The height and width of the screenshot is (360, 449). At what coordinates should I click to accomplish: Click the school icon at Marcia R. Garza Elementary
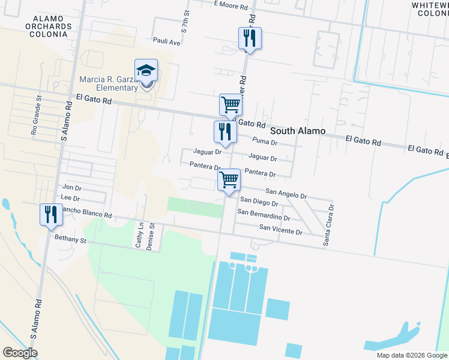coord(146,71)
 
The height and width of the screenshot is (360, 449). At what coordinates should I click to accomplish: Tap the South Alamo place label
coord(298,131)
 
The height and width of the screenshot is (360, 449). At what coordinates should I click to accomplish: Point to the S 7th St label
coord(185,21)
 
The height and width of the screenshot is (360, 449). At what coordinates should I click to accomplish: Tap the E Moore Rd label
coord(231,5)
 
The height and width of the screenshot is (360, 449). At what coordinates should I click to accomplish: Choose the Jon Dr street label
coord(71,188)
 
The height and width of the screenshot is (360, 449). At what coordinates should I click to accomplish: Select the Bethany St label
coord(71,239)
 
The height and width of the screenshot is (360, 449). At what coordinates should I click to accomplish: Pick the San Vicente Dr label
coord(280,228)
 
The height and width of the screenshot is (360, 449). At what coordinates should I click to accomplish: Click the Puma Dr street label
coord(265,142)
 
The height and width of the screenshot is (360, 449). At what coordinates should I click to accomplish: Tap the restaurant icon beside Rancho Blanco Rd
coord(50,215)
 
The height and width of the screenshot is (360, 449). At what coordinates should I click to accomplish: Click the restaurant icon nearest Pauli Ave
coord(248,39)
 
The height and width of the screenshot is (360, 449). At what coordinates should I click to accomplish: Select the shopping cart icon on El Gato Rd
coord(230,105)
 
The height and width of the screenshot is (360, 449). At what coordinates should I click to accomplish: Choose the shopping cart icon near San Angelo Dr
coord(229,180)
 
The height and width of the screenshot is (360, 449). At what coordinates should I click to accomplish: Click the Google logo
coord(20,353)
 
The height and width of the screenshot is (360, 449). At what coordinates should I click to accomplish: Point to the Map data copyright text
coord(412,355)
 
